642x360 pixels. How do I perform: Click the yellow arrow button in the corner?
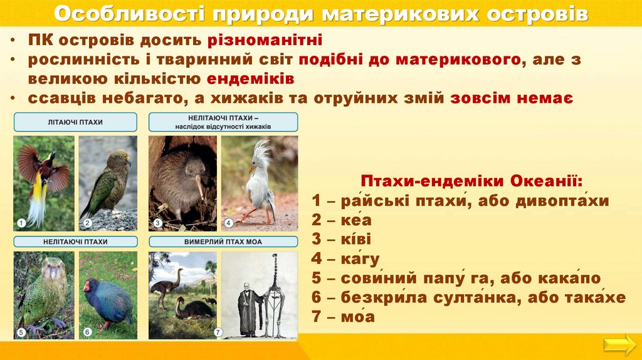click(x=619, y=344)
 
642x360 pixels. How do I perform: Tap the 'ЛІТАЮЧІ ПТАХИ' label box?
click(x=75, y=122)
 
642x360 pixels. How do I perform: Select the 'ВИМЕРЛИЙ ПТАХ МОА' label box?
click(x=223, y=241)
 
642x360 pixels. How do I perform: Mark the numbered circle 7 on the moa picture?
click(x=218, y=332)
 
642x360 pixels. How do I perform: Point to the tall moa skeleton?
click(x=275, y=295)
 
